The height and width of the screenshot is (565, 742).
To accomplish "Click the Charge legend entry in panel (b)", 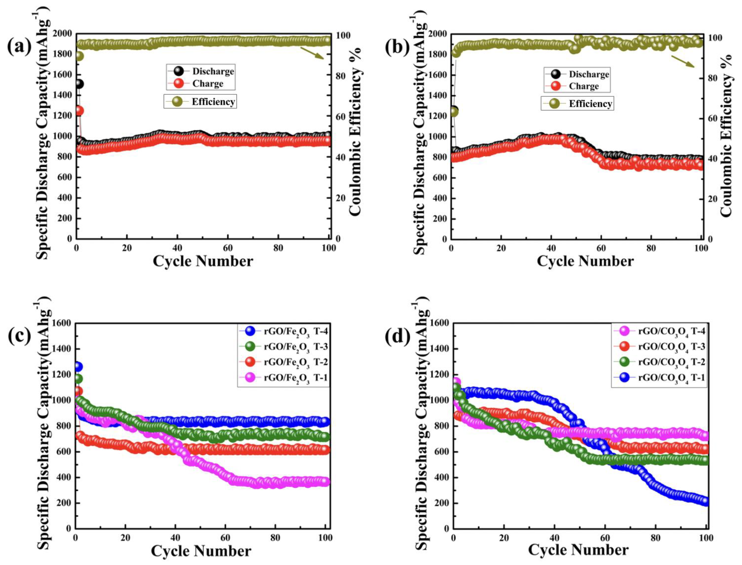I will click(577, 86).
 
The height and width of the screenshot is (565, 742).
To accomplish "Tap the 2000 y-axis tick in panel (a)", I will click(62, 34).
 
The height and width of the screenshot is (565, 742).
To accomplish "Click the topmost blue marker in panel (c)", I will click(78, 367).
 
